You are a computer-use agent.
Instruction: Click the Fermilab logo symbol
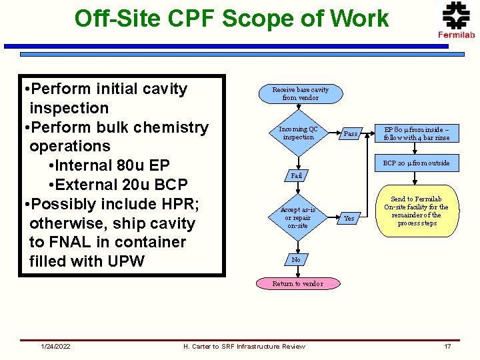(456, 15)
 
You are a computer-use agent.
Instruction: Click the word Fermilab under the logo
(456, 35)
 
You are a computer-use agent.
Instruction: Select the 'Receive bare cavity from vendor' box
(300, 93)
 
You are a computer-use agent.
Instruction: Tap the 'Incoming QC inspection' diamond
(298, 133)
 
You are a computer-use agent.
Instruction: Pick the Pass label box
(350, 134)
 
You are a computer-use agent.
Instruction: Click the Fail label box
(297, 176)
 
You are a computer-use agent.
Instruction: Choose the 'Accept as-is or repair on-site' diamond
(297, 218)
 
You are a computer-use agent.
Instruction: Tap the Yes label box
(349, 218)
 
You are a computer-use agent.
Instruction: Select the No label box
(297, 259)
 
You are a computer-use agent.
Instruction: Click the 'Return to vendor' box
(297, 283)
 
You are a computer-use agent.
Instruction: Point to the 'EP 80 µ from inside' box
(416, 133)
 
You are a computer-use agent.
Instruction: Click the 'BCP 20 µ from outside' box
(416, 163)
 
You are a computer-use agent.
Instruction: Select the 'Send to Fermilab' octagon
(416, 211)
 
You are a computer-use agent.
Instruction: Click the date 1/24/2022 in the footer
(56, 346)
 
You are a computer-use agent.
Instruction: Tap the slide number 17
(447, 346)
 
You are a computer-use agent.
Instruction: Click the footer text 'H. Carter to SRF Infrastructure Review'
(244, 346)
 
